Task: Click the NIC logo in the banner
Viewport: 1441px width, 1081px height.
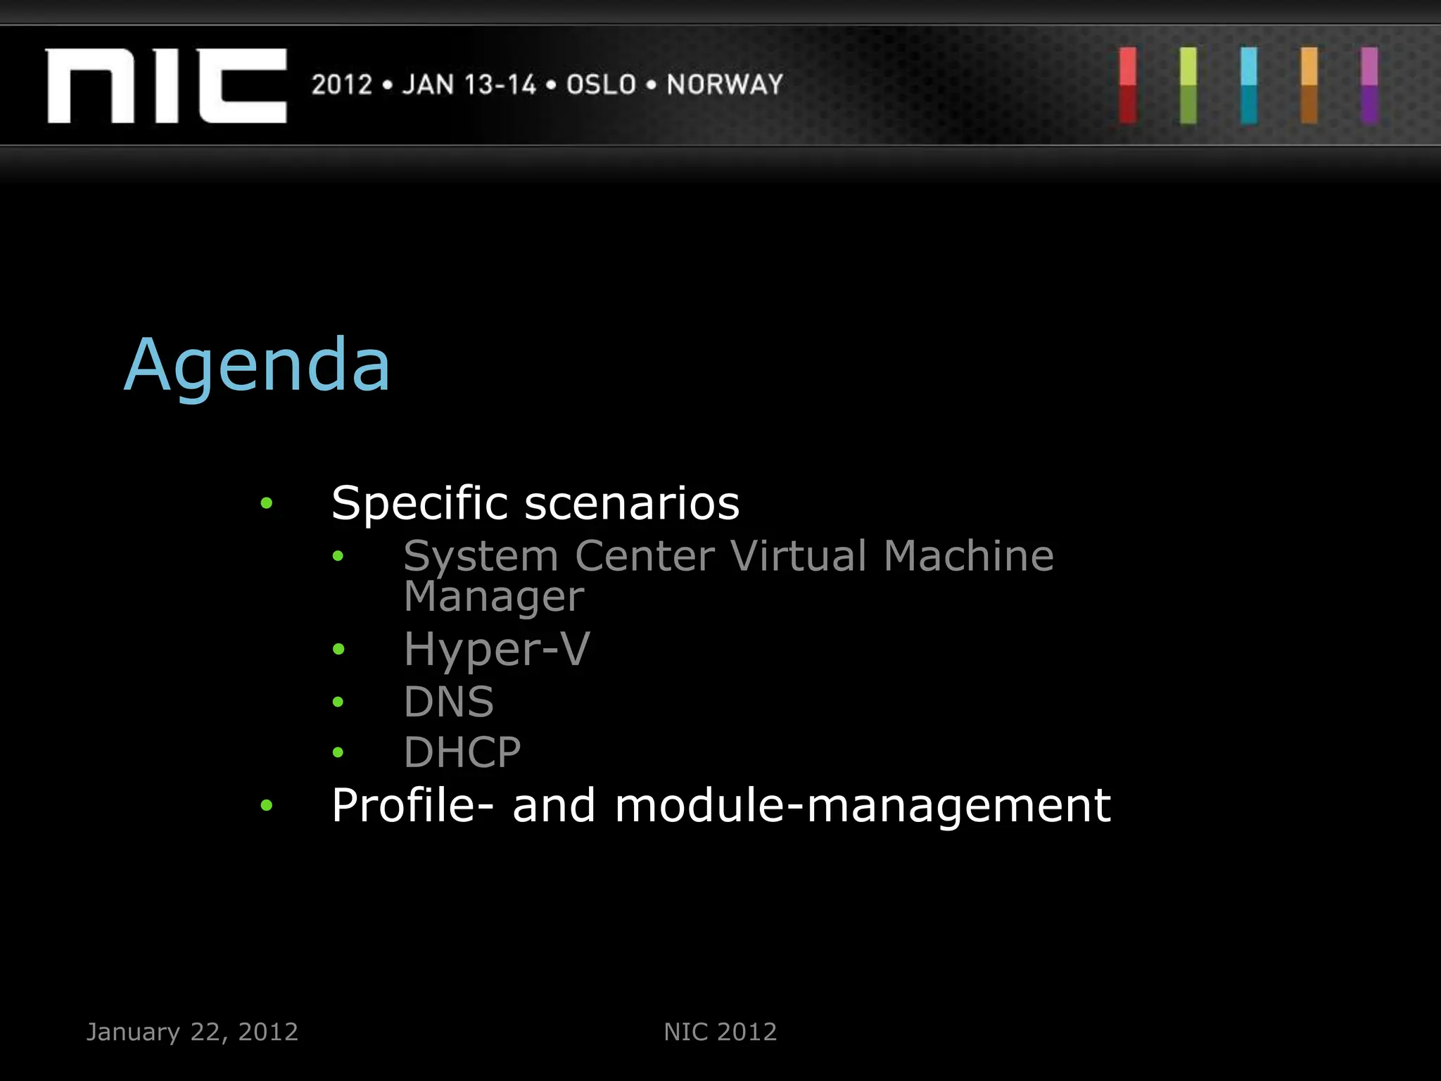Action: tap(166, 86)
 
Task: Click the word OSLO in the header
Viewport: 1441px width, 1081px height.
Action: tap(602, 85)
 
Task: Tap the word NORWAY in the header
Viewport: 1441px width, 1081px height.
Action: tap(725, 85)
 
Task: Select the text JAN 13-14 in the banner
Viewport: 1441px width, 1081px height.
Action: tap(469, 85)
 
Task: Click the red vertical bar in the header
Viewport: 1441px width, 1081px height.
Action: tap(1128, 86)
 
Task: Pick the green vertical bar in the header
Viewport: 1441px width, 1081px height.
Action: tap(1188, 86)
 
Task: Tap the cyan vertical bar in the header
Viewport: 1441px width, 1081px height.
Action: tap(1249, 86)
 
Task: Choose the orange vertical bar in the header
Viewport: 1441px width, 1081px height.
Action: tap(1309, 86)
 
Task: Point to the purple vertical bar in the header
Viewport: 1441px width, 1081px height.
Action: tap(1369, 86)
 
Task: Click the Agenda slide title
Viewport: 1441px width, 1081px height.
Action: tap(257, 366)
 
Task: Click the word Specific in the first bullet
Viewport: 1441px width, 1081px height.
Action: tap(419, 504)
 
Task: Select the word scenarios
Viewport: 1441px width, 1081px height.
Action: tap(632, 504)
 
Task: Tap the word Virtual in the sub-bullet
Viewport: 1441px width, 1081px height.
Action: tap(799, 556)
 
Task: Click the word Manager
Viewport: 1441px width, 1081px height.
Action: tap(493, 597)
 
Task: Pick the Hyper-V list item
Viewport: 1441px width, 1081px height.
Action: tap(497, 649)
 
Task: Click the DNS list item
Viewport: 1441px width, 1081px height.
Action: tap(448, 702)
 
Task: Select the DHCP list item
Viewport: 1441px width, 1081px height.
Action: tap(462, 752)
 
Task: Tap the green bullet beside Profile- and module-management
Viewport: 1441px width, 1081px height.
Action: tap(266, 805)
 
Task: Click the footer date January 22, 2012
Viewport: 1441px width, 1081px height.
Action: tap(192, 1032)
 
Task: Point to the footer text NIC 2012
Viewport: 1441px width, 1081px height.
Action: tap(720, 1032)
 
